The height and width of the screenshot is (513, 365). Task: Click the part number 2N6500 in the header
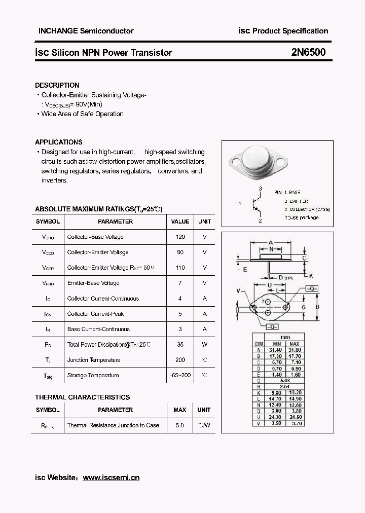(308, 52)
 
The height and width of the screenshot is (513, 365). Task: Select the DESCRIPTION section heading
(57, 85)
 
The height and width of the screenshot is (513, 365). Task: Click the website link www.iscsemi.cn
(111, 478)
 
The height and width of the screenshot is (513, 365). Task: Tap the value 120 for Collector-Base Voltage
(180, 237)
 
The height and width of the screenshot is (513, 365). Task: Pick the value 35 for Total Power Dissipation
(180, 345)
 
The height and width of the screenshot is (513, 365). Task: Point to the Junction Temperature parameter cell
(94, 360)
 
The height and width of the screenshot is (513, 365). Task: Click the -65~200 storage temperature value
(180, 375)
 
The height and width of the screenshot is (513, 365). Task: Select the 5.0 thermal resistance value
(180, 425)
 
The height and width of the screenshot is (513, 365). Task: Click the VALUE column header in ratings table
(180, 222)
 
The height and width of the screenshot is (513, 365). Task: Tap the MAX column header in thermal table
(180, 410)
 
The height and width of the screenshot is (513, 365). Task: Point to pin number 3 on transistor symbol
(260, 188)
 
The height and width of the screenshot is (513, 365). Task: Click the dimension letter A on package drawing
(271, 242)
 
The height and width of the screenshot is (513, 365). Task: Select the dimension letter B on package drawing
(317, 307)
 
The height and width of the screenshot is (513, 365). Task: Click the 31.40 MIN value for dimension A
(276, 350)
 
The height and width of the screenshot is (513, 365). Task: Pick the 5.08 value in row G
(285, 380)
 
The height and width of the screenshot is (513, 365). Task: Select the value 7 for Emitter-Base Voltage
(180, 283)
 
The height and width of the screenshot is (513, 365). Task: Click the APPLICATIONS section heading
(59, 142)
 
